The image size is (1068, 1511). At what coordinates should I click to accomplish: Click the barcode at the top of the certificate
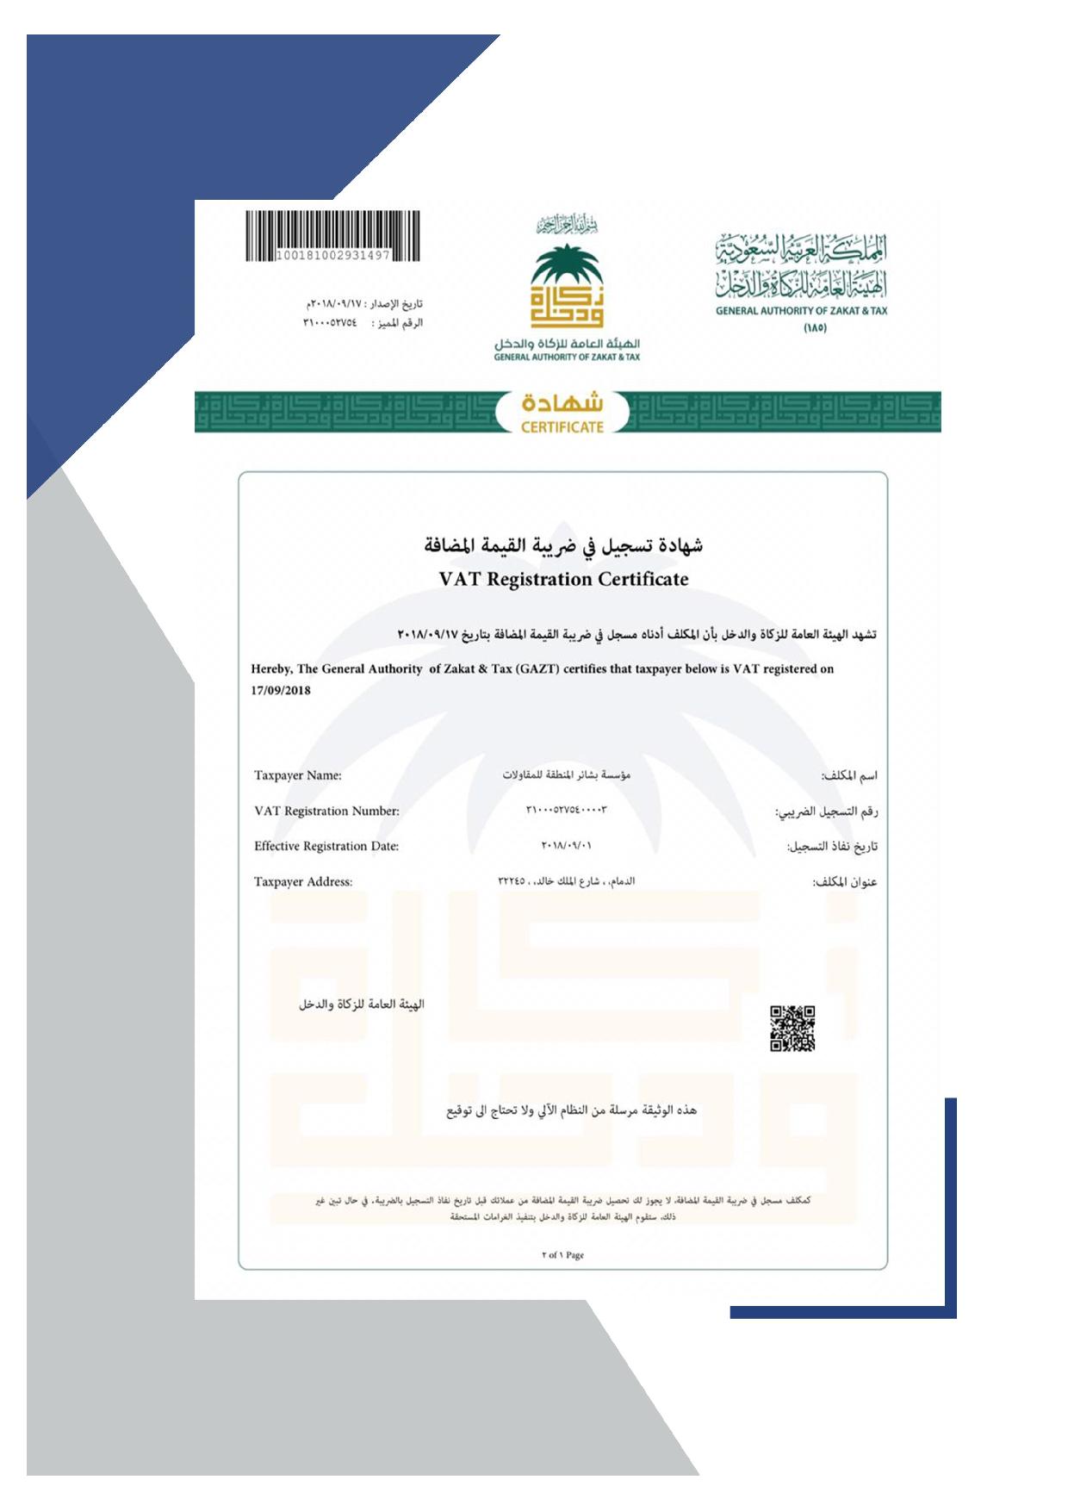pyautogui.click(x=332, y=231)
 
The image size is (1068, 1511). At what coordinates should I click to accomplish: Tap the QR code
pyautogui.click(x=792, y=1028)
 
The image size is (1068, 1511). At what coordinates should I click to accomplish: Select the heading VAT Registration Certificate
pyautogui.click(x=563, y=579)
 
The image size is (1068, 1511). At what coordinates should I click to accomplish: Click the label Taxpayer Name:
pyautogui.click(x=297, y=775)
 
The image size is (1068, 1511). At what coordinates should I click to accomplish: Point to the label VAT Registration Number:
pyautogui.click(x=326, y=811)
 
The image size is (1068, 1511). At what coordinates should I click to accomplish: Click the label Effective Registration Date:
pyautogui.click(x=326, y=846)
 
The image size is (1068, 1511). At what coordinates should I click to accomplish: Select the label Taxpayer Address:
pyautogui.click(x=303, y=881)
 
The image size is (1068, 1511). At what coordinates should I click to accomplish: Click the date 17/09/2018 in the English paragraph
pyautogui.click(x=281, y=690)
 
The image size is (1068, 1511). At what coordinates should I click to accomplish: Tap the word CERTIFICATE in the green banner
pyautogui.click(x=562, y=426)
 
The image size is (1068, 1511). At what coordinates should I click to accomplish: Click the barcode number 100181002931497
pyautogui.click(x=332, y=256)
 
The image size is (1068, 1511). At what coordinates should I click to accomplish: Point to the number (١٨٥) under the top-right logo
pyautogui.click(x=815, y=327)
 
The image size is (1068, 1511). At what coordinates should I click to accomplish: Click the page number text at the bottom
pyautogui.click(x=563, y=1254)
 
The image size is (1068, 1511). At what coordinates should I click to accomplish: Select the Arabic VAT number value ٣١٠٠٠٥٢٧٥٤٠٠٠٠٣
pyautogui.click(x=566, y=810)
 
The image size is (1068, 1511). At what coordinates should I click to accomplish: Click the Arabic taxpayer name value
pyautogui.click(x=566, y=774)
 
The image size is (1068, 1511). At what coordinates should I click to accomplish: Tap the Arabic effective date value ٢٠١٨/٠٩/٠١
pyautogui.click(x=566, y=845)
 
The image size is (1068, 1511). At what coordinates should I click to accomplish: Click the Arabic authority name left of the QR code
pyautogui.click(x=362, y=1004)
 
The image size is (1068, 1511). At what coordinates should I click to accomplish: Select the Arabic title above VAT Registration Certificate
pyautogui.click(x=563, y=545)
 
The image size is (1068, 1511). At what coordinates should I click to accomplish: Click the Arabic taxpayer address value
pyautogui.click(x=566, y=880)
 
